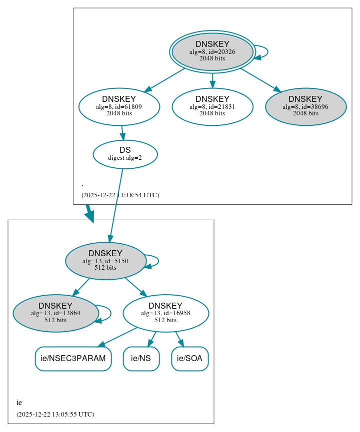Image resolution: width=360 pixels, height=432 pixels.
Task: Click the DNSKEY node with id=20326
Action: (x=212, y=51)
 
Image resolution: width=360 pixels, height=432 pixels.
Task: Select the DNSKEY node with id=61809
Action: (x=119, y=106)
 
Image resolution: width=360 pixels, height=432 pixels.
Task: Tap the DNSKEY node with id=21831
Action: (x=212, y=106)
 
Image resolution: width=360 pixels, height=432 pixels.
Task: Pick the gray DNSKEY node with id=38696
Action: (x=305, y=106)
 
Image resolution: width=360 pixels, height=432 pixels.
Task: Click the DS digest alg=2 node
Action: (x=125, y=154)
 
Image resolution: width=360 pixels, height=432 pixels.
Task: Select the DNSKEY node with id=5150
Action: (x=105, y=261)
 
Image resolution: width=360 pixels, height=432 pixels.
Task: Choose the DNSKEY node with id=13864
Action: (x=55, y=313)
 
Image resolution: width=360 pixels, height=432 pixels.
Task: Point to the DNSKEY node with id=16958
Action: (x=165, y=313)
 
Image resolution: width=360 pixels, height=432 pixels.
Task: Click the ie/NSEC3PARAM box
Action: (x=73, y=359)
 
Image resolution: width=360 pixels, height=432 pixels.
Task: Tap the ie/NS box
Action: (x=141, y=359)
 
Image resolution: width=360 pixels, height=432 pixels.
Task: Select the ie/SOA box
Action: (x=189, y=359)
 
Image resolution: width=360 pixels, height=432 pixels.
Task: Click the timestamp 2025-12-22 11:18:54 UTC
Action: (x=120, y=195)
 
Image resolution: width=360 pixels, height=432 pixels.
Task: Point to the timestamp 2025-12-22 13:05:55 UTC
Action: (x=55, y=415)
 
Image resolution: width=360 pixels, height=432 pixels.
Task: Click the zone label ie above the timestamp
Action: (x=19, y=403)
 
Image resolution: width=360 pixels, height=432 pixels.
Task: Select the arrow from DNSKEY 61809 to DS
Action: (x=122, y=133)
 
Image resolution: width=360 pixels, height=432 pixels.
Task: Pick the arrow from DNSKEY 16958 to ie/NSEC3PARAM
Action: (x=117, y=337)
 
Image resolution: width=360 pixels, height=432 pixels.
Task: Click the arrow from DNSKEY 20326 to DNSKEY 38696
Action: (x=260, y=79)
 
